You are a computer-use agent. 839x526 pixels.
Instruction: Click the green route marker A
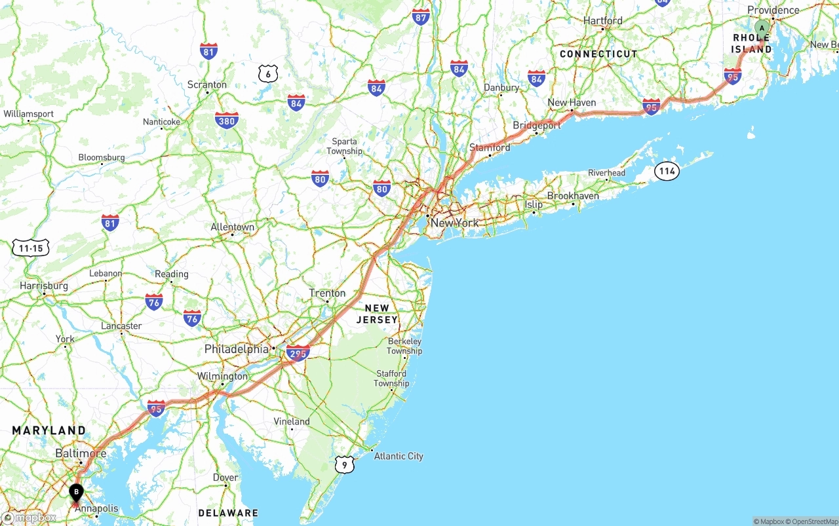coord(762,28)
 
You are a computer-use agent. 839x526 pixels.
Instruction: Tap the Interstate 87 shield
coord(421,17)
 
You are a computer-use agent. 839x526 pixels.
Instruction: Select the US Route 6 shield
coord(267,73)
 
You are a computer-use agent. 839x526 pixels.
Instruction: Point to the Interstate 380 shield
coord(226,120)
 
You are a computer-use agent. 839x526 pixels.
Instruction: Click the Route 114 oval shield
coord(667,172)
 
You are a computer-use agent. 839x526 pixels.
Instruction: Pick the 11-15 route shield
coord(31,248)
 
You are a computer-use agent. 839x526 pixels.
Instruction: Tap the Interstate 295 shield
coord(298,353)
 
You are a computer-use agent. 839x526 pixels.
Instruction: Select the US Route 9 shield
coord(344,464)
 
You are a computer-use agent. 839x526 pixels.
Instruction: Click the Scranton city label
coord(206,85)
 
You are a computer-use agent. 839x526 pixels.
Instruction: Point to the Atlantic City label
coord(399,456)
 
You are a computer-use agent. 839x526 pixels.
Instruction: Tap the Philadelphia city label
coord(237,349)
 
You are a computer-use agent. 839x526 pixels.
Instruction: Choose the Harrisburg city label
coord(44,286)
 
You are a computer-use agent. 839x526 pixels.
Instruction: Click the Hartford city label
coord(602,21)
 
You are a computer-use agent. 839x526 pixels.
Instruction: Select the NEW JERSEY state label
coord(377,314)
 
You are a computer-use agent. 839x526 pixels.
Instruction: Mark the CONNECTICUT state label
coord(598,54)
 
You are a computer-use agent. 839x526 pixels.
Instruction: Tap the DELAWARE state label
coord(228,512)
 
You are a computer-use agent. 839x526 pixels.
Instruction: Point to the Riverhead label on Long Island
coord(606,173)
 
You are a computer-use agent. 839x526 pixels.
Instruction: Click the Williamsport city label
coord(28,114)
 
